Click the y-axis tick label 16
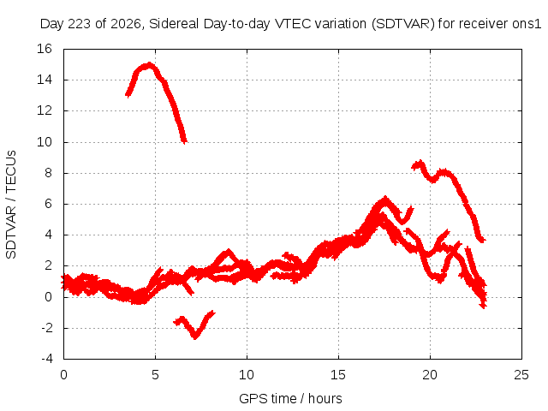(x=45, y=49)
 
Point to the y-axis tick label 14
(x=45, y=80)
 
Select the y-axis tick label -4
(x=46, y=359)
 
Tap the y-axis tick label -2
(x=46, y=328)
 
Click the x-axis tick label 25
(x=521, y=375)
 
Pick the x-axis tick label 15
(x=338, y=375)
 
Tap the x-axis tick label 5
(x=155, y=375)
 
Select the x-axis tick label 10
(x=247, y=375)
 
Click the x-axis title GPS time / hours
(x=290, y=398)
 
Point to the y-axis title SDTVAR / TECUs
(x=11, y=205)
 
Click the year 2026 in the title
(x=126, y=24)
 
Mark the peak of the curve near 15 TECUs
(x=150, y=64)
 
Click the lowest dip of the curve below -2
(x=195, y=337)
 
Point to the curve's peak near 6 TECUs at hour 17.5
(x=385, y=198)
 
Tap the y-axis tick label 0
(x=48, y=297)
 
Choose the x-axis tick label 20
(x=430, y=375)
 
